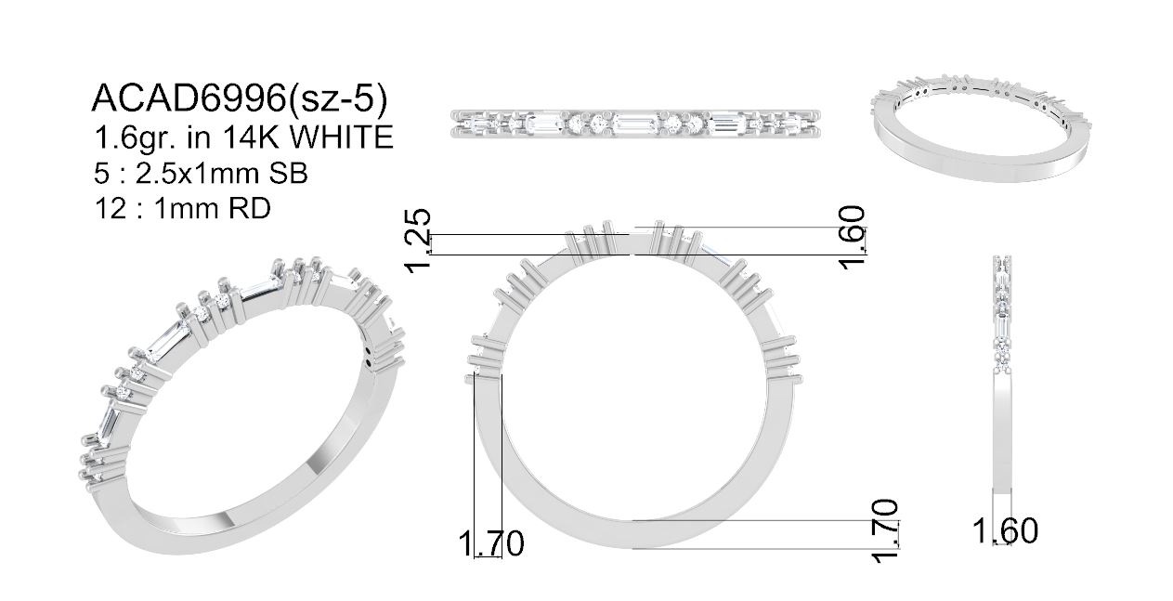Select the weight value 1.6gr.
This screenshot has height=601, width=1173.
tap(133, 138)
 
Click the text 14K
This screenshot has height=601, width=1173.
tap(248, 137)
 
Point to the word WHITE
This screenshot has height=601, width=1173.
tap(341, 137)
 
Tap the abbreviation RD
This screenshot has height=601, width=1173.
tap(250, 209)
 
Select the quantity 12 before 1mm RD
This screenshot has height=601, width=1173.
tap(111, 209)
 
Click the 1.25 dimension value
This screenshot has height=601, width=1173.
tap(418, 241)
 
